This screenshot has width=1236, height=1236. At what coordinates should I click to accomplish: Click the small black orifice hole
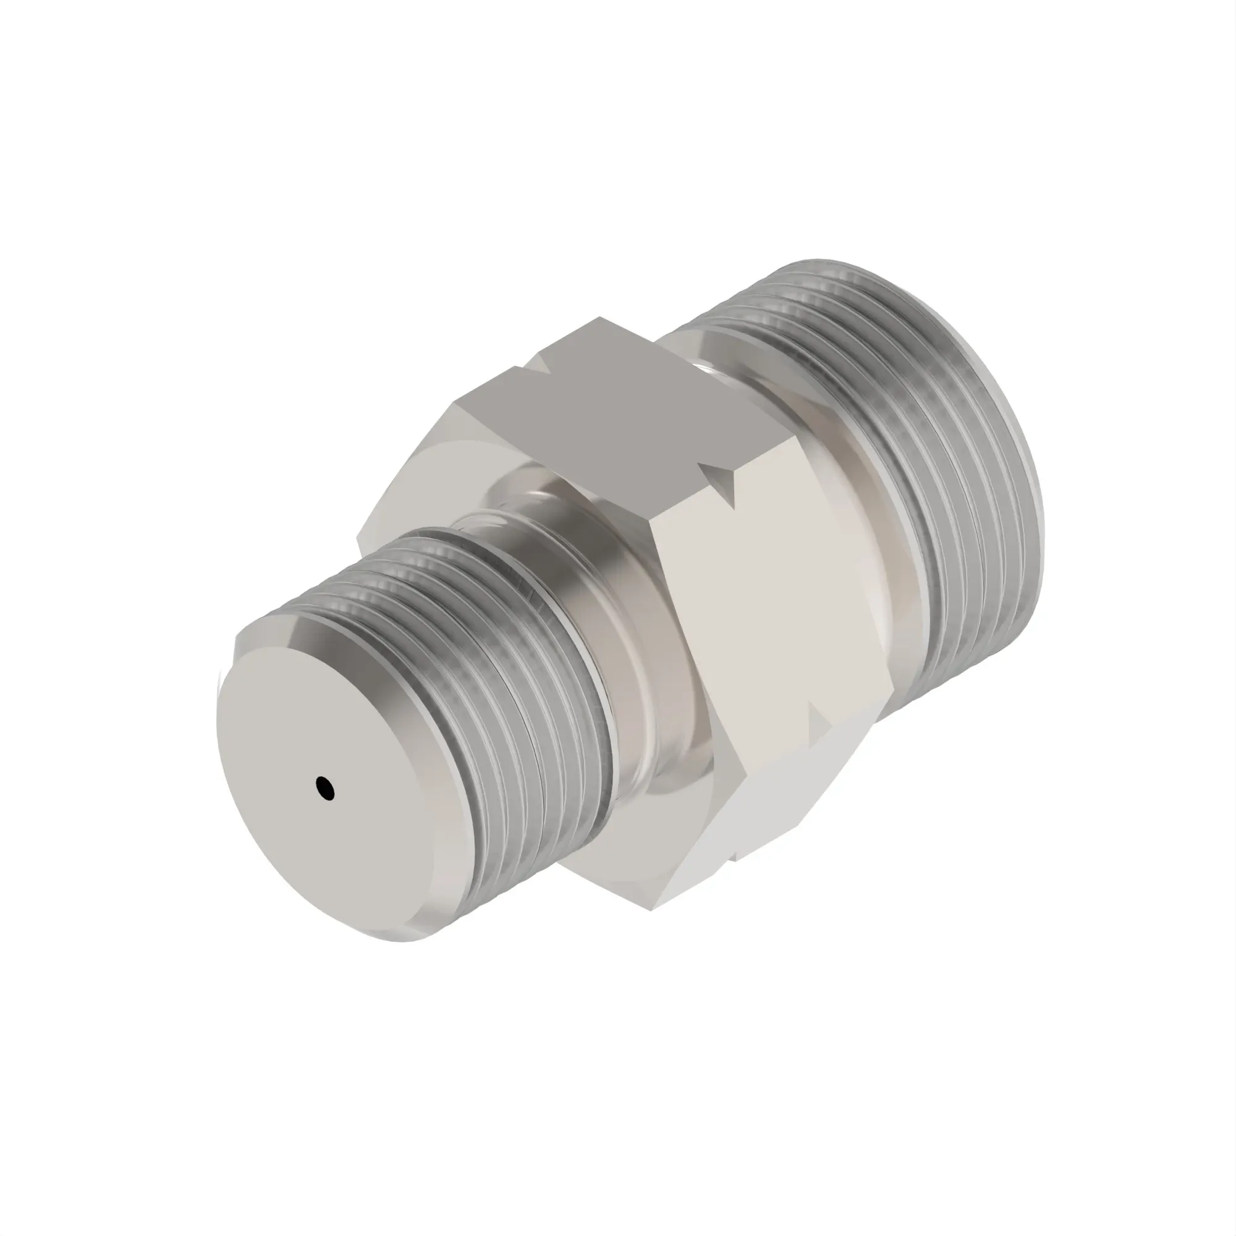tap(325, 788)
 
